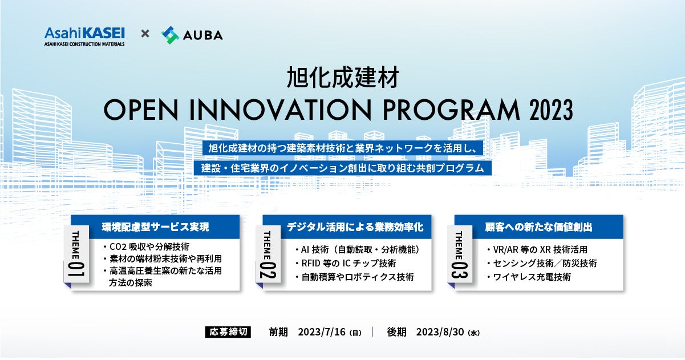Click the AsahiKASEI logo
pos(84,35)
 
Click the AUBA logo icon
pos(170,35)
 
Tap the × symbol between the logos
pos(145,34)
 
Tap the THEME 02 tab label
pos(267,256)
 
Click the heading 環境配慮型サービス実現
pos(156,226)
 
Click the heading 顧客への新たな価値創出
pos(538,226)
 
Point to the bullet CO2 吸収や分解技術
pos(145,247)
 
